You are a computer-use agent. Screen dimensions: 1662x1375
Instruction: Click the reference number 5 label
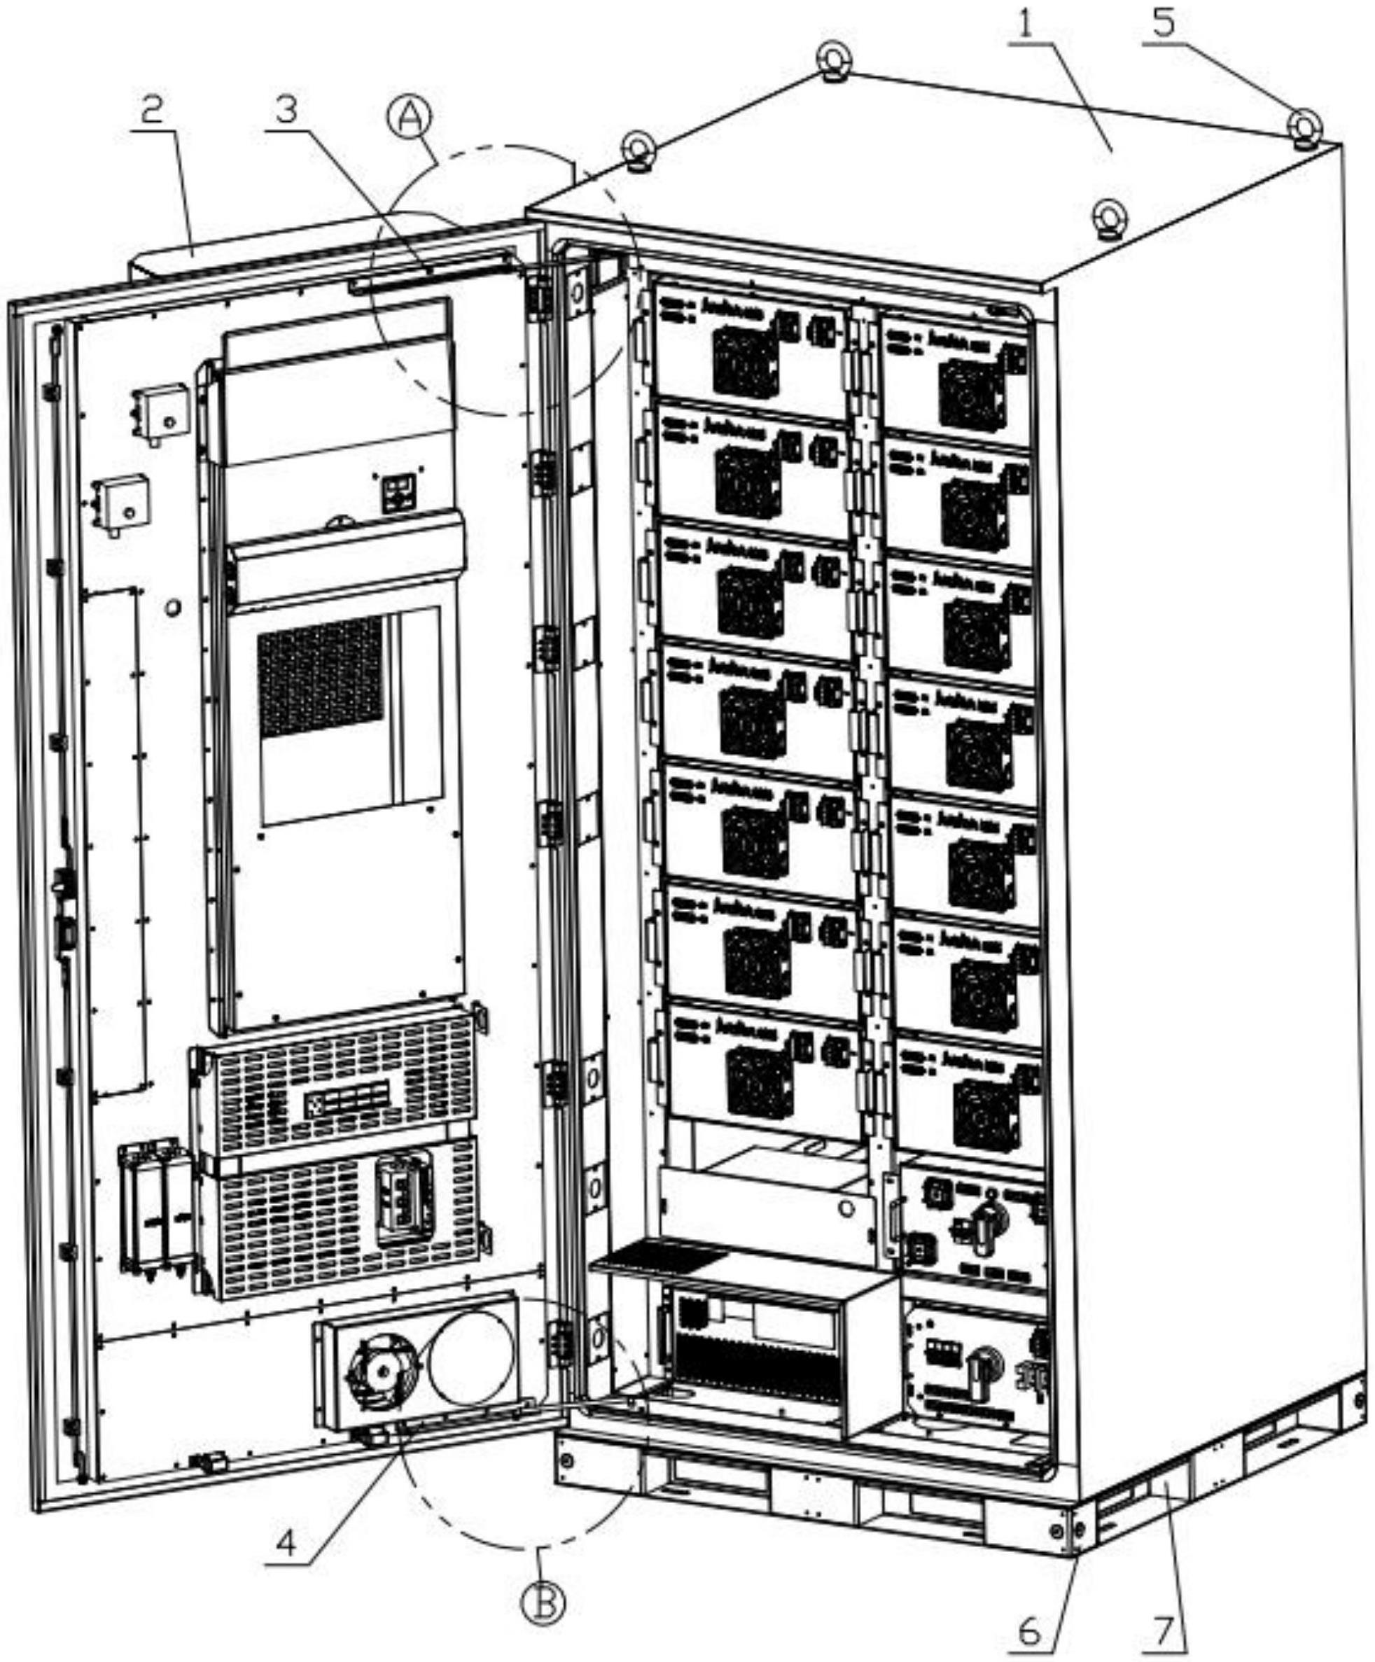pos(1163,24)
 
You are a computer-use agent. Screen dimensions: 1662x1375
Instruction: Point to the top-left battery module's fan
pos(744,363)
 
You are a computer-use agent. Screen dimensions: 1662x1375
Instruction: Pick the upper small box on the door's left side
pos(162,412)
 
